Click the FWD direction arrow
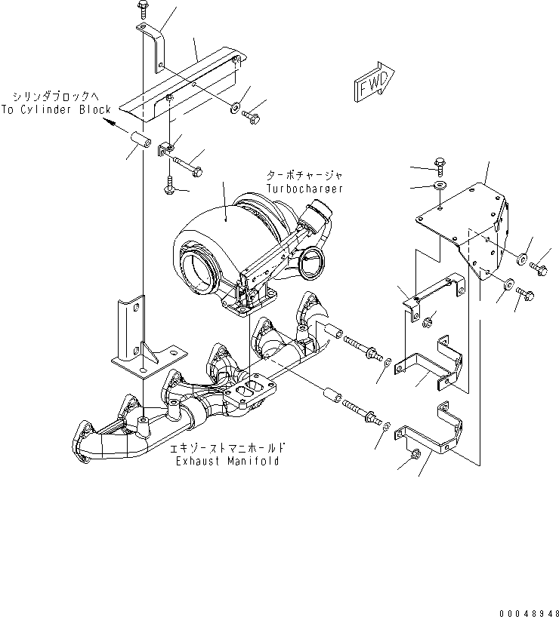coord(374,82)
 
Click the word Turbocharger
coord(304,189)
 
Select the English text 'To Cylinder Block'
coord(56,109)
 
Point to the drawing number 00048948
coord(529,613)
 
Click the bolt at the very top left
coord(142,8)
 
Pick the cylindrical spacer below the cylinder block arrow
coord(141,140)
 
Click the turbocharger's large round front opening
coord(199,273)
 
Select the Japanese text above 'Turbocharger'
coord(304,175)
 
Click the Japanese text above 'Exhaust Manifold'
coord(227,447)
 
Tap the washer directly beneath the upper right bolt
coord(440,185)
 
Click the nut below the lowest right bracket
coord(415,455)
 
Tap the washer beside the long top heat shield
coord(235,108)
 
